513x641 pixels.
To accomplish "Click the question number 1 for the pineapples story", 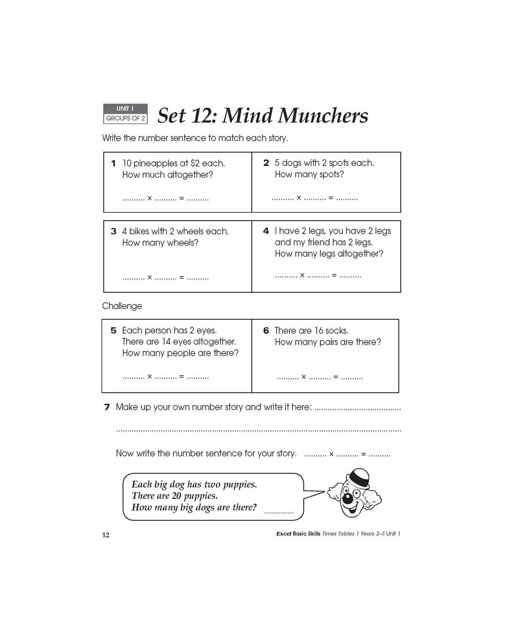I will click(x=113, y=163).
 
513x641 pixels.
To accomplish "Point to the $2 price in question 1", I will click(x=195, y=163).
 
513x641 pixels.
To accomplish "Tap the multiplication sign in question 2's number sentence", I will click(x=299, y=198).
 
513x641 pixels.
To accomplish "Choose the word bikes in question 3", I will click(x=139, y=231).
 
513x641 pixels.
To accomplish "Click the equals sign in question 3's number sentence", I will click(x=181, y=277).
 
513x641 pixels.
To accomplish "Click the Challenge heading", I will click(x=122, y=306).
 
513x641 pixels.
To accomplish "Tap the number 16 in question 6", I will click(x=319, y=331).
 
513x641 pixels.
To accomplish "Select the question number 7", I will click(x=107, y=407).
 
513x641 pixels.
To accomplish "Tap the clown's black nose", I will click(x=347, y=499).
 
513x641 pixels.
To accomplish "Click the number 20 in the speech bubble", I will click(x=176, y=496).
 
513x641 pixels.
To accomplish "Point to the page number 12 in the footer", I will click(x=105, y=535).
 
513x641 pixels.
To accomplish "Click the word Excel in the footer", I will click(x=284, y=534).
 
